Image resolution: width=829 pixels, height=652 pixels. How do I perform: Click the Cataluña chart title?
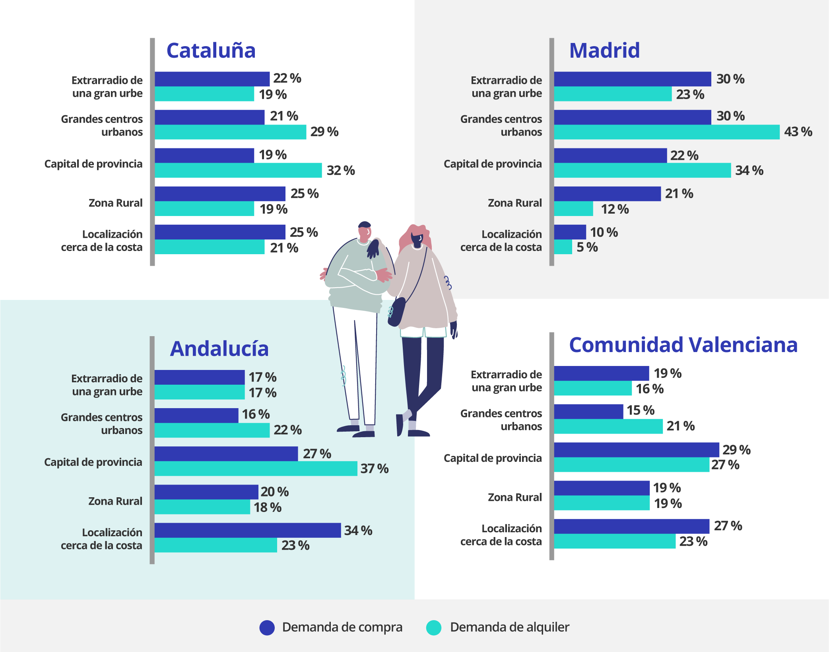coord(211,51)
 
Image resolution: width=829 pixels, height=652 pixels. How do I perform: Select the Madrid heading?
coord(604,51)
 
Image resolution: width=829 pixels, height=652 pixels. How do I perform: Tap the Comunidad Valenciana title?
coord(683,345)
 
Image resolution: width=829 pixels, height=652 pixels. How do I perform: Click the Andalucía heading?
coord(219,349)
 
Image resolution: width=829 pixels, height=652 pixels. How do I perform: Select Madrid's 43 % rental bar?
coord(666,132)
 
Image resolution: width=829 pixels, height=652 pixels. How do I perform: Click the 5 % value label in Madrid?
coord(587,247)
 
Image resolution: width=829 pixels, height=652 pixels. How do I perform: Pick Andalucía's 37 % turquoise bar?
coord(256,469)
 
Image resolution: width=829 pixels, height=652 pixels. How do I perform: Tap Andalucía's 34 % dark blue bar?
coord(247,530)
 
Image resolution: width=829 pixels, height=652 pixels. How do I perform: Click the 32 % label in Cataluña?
coord(340,171)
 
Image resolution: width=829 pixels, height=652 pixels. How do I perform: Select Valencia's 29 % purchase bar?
coord(636,450)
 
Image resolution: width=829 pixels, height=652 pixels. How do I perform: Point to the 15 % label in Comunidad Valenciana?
coord(640,411)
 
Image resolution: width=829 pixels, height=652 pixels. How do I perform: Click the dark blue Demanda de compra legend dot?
coord(267,628)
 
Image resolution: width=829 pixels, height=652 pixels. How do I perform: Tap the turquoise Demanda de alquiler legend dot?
coord(433,628)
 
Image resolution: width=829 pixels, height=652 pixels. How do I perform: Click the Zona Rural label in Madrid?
coord(514,203)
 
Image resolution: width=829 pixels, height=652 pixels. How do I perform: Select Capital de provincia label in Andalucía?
coord(93,462)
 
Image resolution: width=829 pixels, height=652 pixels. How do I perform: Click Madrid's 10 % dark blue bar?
coord(570,232)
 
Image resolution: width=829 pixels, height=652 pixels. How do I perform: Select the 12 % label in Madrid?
coord(614,209)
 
